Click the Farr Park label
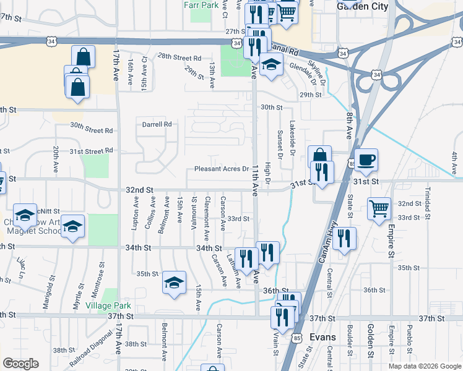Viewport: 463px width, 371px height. tap(202, 5)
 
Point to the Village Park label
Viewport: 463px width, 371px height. tap(108, 305)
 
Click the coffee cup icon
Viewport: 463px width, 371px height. tap(365, 160)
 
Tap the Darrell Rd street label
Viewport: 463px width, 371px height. tap(157, 124)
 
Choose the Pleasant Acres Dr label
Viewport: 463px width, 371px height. tap(221, 169)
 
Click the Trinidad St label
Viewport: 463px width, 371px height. tap(427, 198)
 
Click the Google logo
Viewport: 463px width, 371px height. tap(20, 364)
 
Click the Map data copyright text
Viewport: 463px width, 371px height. tap(424, 366)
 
